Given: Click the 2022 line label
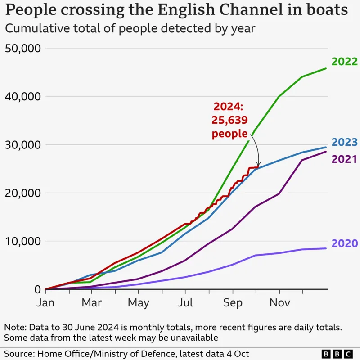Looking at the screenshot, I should pos(345,62).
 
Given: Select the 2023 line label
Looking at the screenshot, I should pos(345,143).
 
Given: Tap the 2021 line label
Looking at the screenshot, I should pos(345,159).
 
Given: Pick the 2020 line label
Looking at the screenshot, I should pos(345,243).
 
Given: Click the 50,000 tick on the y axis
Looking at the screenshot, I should pos(22,48).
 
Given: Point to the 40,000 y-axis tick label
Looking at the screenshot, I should pos(22,96).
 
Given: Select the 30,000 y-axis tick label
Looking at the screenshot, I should pos(22,145).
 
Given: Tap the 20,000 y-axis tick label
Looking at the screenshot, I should pos(22,193).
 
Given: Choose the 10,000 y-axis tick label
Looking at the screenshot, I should pos(22,241).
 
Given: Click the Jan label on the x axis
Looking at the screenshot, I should pos(45,303).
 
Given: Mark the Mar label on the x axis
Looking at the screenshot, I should pos(92,303).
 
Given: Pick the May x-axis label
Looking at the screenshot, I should pos(138,303).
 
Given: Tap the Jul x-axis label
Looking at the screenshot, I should pos(185,303).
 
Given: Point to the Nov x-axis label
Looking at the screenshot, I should pos(279,303).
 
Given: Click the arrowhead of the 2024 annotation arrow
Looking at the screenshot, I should pos(258,166).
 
